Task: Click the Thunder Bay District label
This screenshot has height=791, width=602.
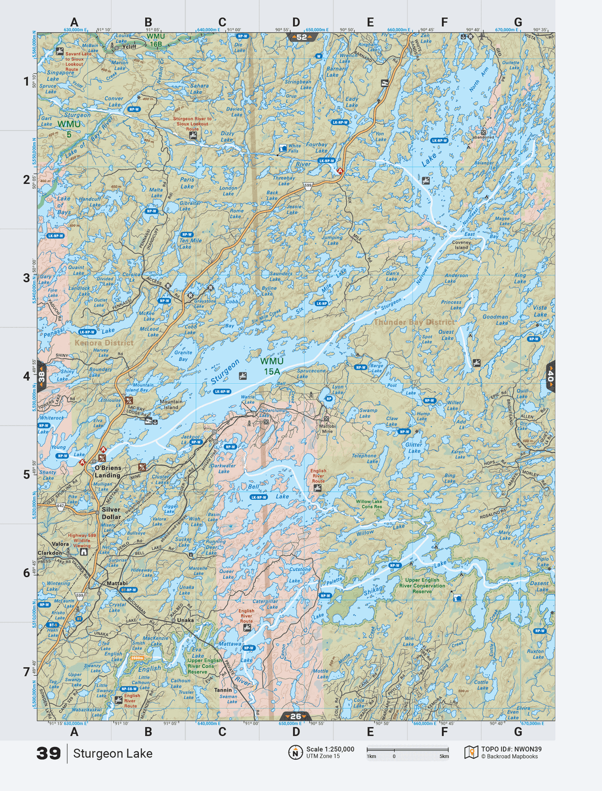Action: pyautogui.click(x=414, y=322)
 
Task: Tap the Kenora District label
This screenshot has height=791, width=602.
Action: pyautogui.click(x=104, y=343)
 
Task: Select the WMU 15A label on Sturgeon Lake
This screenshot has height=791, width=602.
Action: pyautogui.click(x=272, y=366)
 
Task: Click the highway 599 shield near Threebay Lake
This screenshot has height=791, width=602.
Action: pyautogui.click(x=308, y=186)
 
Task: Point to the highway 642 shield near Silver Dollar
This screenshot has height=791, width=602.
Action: pyautogui.click(x=60, y=506)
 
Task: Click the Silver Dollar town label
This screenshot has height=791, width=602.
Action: pyautogui.click(x=111, y=513)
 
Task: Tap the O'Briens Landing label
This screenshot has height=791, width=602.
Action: pyautogui.click(x=108, y=472)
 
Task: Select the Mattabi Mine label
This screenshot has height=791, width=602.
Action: pyautogui.click(x=327, y=428)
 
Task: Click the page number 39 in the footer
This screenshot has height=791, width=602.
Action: pyautogui.click(x=49, y=753)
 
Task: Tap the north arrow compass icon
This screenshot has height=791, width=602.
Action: pyautogui.click(x=296, y=752)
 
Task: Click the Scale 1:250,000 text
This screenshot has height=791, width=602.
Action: pyautogui.click(x=330, y=749)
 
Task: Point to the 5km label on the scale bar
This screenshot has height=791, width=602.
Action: pyautogui.click(x=444, y=757)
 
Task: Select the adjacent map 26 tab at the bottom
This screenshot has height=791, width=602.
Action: pyautogui.click(x=296, y=716)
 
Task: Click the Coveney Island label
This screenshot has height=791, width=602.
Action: pyautogui.click(x=462, y=244)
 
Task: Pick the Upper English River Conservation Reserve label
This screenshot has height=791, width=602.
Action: pyautogui.click(x=422, y=586)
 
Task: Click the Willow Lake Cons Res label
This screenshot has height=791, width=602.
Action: pyautogui.click(x=368, y=504)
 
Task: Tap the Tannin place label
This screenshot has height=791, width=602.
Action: pyautogui.click(x=223, y=690)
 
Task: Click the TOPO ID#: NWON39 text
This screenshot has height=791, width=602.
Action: pyautogui.click(x=511, y=749)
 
